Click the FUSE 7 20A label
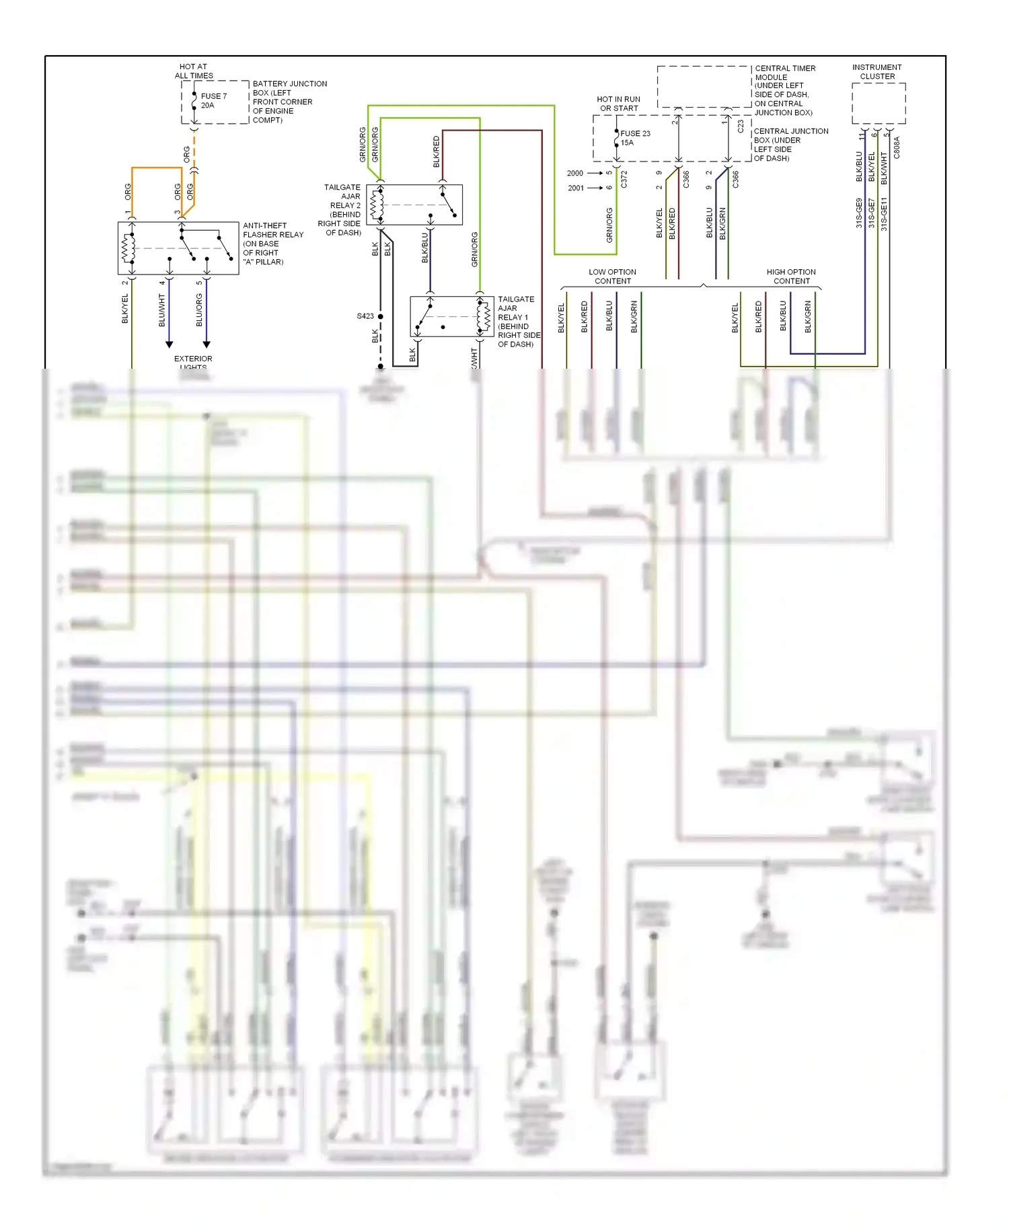pyautogui.click(x=213, y=101)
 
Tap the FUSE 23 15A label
pyautogui.click(x=634, y=138)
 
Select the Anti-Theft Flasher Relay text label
pyautogui.click(x=272, y=244)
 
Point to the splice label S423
pyautogui.click(x=365, y=316)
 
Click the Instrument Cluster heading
pyautogui.click(x=876, y=72)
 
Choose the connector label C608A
pyautogui.click(x=897, y=148)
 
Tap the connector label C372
pyautogui.click(x=624, y=179)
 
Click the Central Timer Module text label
pyautogui.click(x=784, y=90)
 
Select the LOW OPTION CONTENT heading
pyautogui.click(x=612, y=277)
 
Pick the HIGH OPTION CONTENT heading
pyautogui.click(x=791, y=277)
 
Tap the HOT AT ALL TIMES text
pyautogui.click(x=194, y=71)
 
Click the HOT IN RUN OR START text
pyautogui.click(x=619, y=104)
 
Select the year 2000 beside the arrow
pyautogui.click(x=575, y=174)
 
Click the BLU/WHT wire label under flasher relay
pyautogui.click(x=162, y=310)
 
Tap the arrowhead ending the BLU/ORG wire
pyautogui.click(x=207, y=345)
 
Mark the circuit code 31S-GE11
pyautogui.click(x=884, y=214)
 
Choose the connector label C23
pyautogui.click(x=741, y=126)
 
